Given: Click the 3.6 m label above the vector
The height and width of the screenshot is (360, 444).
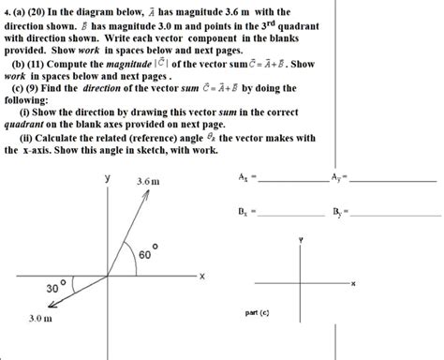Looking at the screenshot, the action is click(148, 180).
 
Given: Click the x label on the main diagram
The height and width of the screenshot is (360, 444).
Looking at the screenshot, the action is click(200, 276).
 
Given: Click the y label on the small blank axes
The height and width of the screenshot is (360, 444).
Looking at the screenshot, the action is click(300, 240).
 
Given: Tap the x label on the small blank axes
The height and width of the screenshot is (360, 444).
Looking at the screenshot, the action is click(354, 284).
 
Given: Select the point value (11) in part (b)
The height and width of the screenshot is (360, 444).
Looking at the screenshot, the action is click(29, 64).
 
